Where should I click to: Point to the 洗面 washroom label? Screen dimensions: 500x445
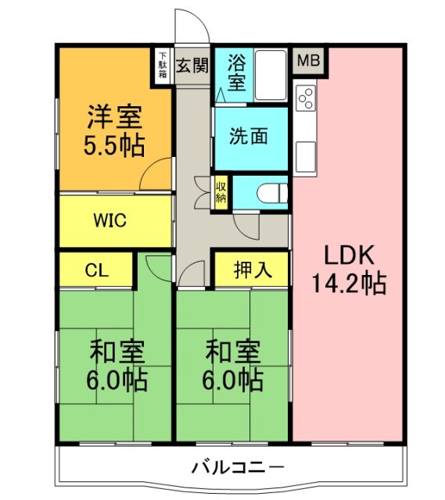[x=249, y=136]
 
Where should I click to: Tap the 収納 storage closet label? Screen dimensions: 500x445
[x=221, y=191]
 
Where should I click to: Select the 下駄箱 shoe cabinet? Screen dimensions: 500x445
[x=162, y=64]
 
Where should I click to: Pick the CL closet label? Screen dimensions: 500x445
[x=96, y=270]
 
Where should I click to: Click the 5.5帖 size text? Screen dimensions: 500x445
[x=113, y=145]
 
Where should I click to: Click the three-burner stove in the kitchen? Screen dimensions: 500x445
[x=306, y=99]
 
